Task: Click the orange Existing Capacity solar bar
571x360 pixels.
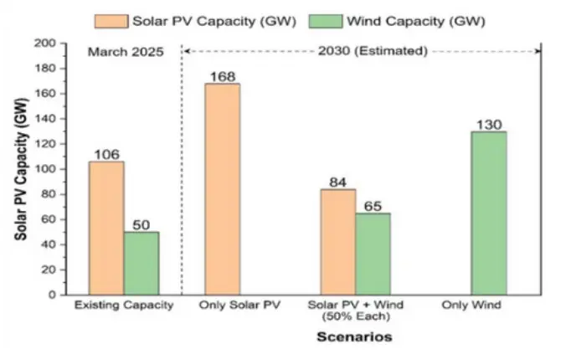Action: pyautogui.click(x=105, y=228)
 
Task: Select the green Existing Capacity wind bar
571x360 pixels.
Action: pyautogui.click(x=141, y=263)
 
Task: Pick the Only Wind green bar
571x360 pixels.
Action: pyautogui.click(x=489, y=213)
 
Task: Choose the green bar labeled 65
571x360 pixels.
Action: pyautogui.click(x=373, y=254)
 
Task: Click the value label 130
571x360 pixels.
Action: pyautogui.click(x=489, y=124)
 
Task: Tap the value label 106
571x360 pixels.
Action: pyautogui.click(x=105, y=154)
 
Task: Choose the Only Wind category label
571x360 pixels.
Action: pyautogui.click(x=473, y=306)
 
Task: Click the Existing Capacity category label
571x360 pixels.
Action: pyautogui.click(x=123, y=306)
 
